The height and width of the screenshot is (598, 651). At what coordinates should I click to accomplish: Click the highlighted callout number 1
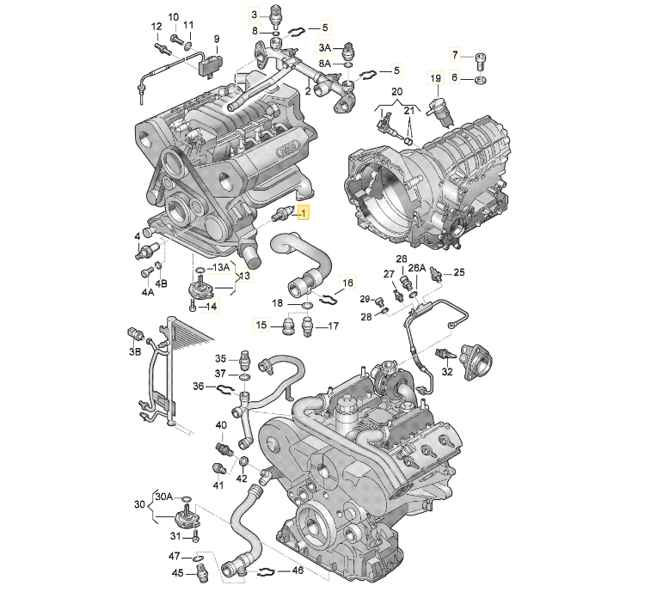(x=304, y=214)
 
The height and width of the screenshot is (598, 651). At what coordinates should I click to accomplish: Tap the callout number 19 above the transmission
(x=435, y=78)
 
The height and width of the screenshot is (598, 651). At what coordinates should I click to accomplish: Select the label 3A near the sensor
(x=325, y=48)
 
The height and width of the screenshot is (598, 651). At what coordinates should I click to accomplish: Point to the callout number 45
(x=177, y=573)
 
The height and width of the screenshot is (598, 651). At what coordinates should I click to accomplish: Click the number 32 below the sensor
(x=446, y=371)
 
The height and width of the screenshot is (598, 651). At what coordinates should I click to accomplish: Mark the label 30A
(x=164, y=497)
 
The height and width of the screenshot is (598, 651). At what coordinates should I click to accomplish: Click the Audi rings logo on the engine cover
(x=289, y=149)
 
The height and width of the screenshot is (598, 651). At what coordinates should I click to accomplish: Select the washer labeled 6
(x=481, y=79)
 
